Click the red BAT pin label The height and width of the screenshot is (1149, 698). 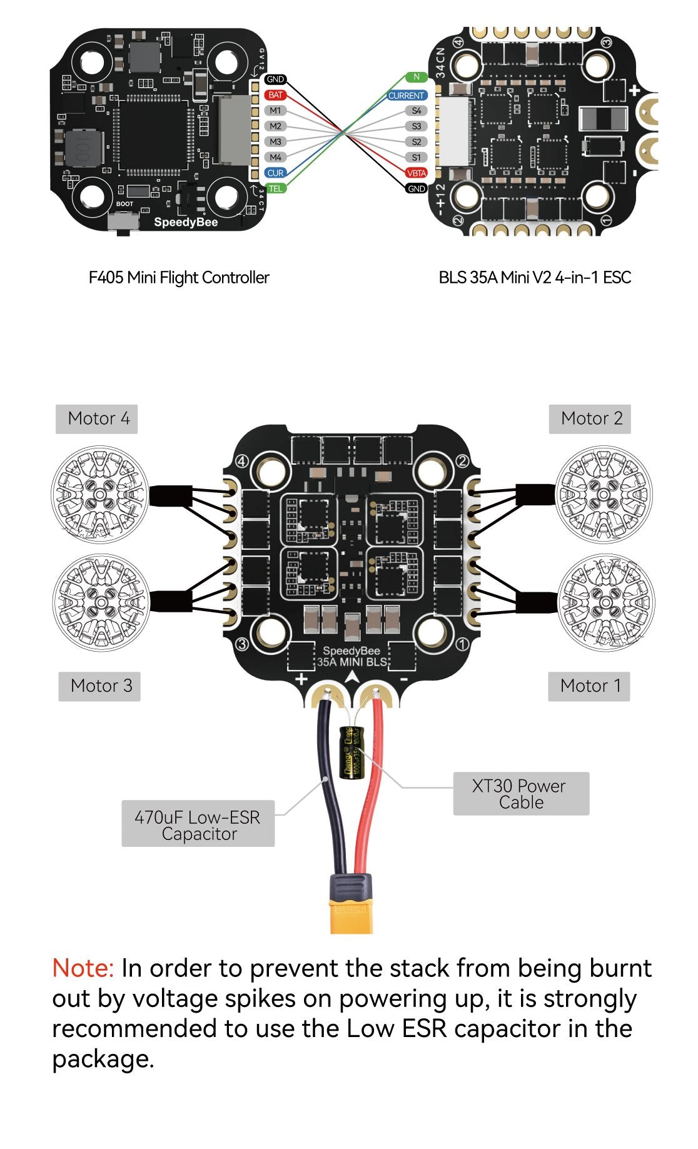coord(275,95)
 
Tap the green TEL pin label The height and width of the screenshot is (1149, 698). coord(275,188)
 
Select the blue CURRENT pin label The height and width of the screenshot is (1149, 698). coord(407,96)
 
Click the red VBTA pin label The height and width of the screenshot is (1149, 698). coord(417,173)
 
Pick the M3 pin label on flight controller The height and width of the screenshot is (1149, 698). coord(275,142)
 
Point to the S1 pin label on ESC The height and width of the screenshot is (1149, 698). coord(417,158)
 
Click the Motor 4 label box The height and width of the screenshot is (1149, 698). coord(97,418)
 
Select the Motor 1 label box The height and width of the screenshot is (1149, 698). coord(589,686)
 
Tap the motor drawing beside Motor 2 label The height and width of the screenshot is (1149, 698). coord(603,494)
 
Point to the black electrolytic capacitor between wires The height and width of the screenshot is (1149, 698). coord(351,752)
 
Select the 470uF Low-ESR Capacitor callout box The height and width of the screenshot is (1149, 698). coord(198,824)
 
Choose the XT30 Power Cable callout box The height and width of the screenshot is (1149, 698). coord(520,794)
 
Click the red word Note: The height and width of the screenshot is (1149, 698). coord(83,968)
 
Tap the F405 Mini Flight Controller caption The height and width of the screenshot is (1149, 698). coord(179,278)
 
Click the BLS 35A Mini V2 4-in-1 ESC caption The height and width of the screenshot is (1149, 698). coord(535,278)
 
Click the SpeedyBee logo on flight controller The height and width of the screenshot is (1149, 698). coord(186,223)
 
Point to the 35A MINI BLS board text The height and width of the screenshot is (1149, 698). coord(352,662)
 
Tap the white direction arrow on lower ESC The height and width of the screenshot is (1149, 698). coord(352,677)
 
